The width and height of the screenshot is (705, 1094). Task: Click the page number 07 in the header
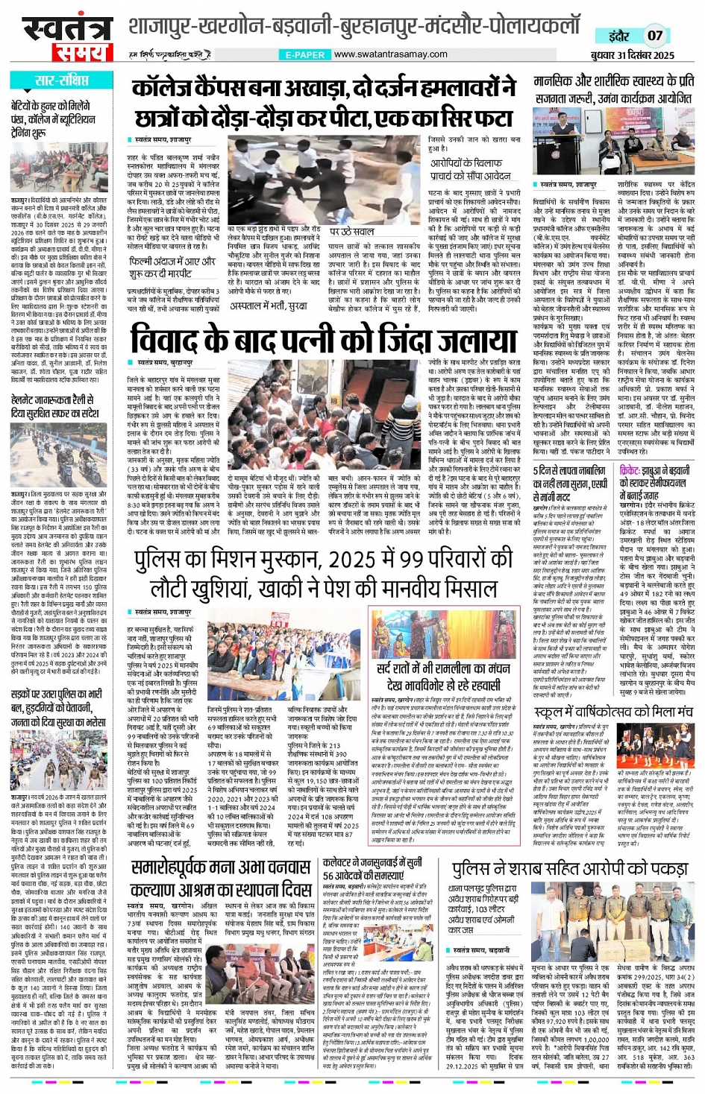point(655,35)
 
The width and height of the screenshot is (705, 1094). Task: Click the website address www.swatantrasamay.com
point(390,54)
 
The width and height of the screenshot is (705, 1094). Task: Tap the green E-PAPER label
point(304,55)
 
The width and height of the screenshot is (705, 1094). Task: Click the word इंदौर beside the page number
point(618,36)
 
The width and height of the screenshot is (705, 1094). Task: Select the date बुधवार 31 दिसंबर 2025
point(632,55)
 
